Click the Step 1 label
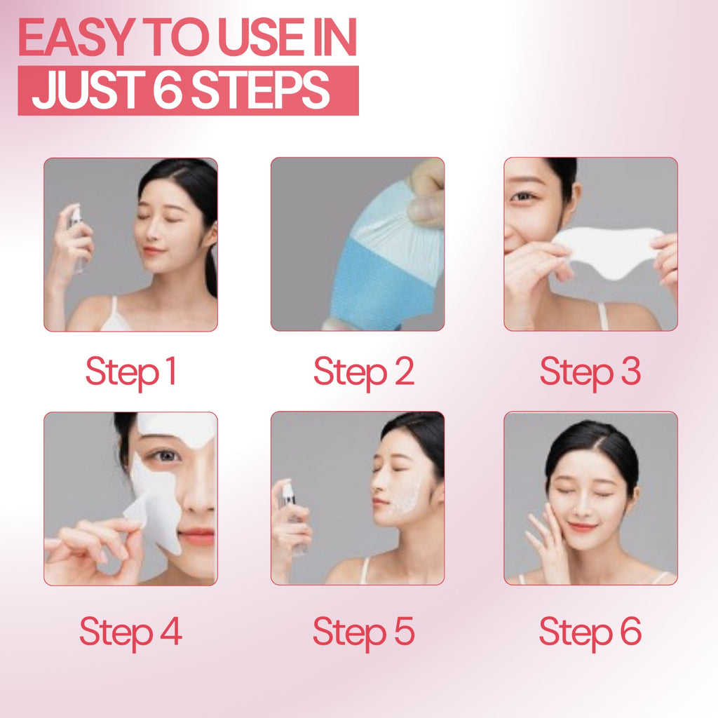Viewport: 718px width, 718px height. coord(130,372)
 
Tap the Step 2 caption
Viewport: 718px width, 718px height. coord(363,372)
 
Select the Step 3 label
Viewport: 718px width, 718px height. coord(590,372)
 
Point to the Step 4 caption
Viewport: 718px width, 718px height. coord(130,631)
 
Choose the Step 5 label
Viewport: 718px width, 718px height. coord(363,631)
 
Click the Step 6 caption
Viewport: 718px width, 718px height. coord(590,631)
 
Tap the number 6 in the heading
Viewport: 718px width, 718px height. coord(167,90)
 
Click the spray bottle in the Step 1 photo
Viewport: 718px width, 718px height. coord(76,235)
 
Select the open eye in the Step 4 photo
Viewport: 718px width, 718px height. coord(165,455)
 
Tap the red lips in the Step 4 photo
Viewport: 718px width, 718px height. coord(196,536)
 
